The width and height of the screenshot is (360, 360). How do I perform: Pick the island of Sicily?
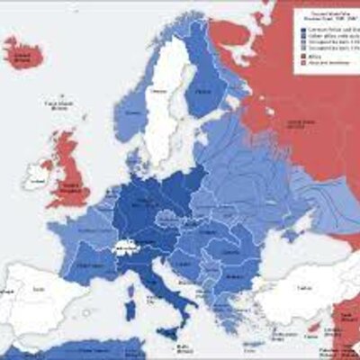point(167,332)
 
